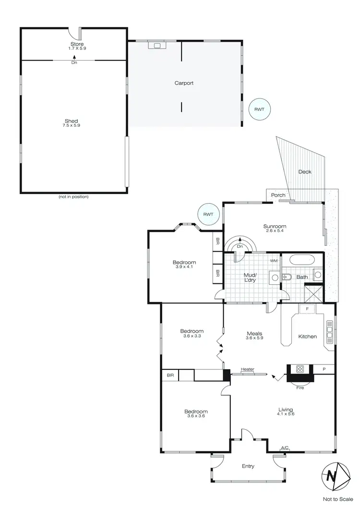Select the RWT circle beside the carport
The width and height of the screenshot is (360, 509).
pyautogui.click(x=259, y=109)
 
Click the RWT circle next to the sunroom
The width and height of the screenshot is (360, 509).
pyautogui.click(x=208, y=214)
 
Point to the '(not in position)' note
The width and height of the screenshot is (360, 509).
pyautogui.click(x=73, y=196)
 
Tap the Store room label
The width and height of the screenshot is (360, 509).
pyautogui.click(x=77, y=44)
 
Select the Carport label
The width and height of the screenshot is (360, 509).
pyautogui.click(x=184, y=83)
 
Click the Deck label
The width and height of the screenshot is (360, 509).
pyautogui.click(x=304, y=171)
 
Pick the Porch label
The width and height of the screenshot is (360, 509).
pyautogui.click(x=278, y=195)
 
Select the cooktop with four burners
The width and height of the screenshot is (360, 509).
pyautogui.click(x=300, y=369)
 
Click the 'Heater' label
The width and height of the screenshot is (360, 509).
pyautogui.click(x=247, y=369)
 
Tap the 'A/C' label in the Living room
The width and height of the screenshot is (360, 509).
pyautogui.click(x=284, y=448)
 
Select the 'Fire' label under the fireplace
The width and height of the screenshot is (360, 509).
pyautogui.click(x=300, y=387)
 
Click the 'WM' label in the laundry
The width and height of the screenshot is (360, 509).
pyautogui.click(x=274, y=261)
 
